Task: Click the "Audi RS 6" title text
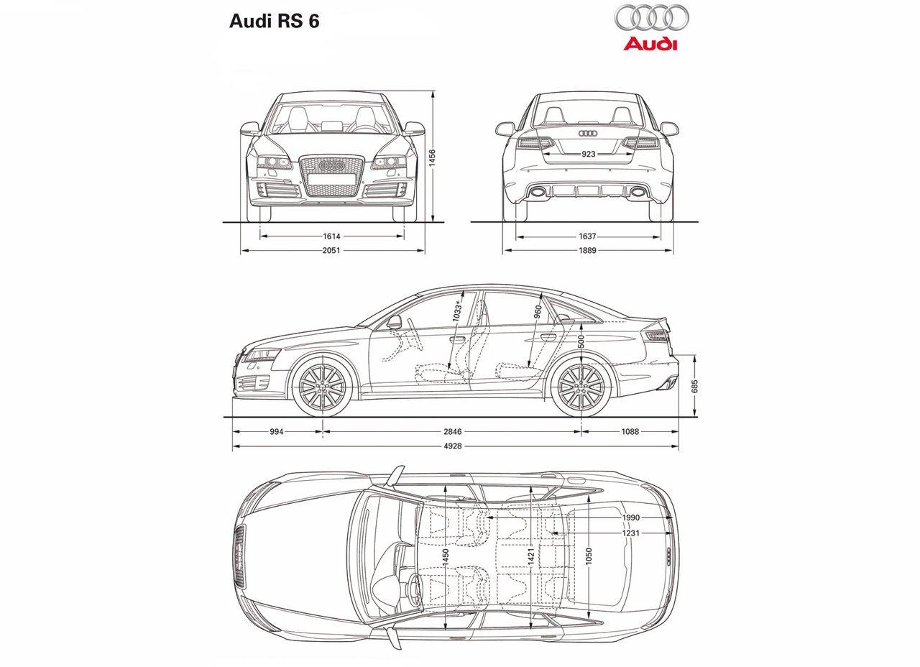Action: click(274, 20)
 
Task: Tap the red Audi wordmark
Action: click(650, 45)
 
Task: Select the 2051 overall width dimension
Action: click(331, 250)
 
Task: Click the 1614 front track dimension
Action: click(331, 236)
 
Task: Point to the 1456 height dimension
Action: click(432, 158)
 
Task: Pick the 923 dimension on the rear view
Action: click(588, 154)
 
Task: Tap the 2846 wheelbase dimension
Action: click(452, 432)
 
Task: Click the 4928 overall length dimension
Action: click(452, 446)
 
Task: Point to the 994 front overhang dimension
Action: click(277, 432)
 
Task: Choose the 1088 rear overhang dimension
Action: click(630, 432)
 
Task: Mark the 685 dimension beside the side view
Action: click(694, 386)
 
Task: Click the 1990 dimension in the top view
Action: click(631, 517)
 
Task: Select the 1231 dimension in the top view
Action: click(631, 533)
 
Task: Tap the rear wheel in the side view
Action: click(581, 387)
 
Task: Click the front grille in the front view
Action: click(331, 174)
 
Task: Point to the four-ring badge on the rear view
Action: click(588, 134)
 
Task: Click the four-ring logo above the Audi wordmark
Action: click(650, 18)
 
